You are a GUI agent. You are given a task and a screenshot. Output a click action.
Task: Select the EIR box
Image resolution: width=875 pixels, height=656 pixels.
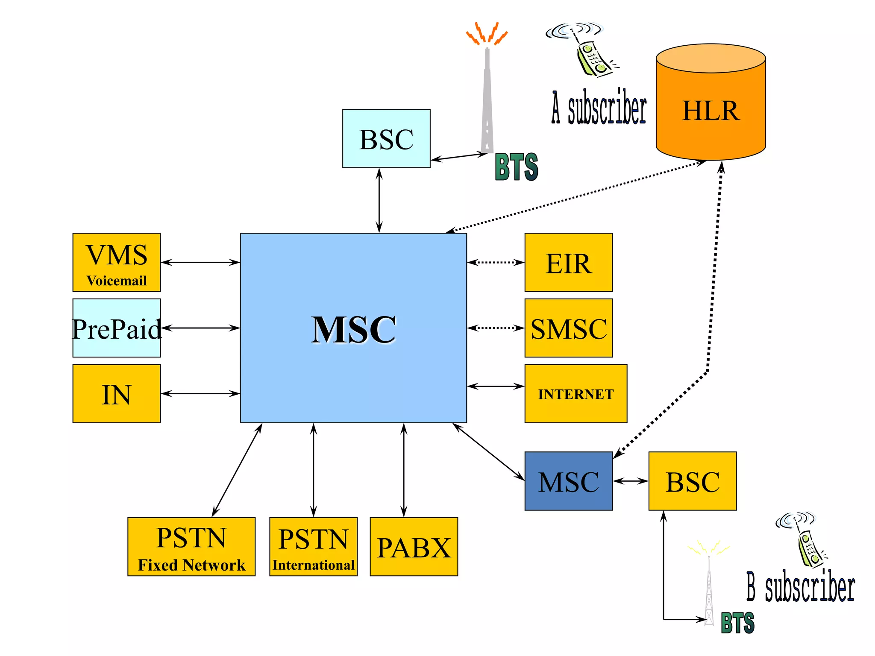click(x=568, y=263)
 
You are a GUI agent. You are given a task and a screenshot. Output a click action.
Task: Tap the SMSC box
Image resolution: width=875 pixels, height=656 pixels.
click(x=568, y=328)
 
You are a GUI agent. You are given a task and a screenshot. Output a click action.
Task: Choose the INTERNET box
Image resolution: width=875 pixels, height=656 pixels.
click(x=576, y=394)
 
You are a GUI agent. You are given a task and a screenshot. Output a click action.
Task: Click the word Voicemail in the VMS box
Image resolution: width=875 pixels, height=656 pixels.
click(x=117, y=281)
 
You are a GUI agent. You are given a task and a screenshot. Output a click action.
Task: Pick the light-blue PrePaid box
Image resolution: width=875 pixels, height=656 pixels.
click(x=117, y=328)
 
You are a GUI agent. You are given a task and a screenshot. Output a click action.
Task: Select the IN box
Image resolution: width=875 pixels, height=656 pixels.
click(x=117, y=394)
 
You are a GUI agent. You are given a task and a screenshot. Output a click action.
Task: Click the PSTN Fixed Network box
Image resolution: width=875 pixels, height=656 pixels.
click(x=191, y=547)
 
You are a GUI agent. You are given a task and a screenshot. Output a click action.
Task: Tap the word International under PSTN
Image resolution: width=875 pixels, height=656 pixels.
click(x=313, y=565)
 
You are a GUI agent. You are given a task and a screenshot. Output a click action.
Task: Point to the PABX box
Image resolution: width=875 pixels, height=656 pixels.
click(x=414, y=547)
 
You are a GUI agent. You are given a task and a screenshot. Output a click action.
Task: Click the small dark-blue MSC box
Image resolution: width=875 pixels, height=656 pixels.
click(x=568, y=481)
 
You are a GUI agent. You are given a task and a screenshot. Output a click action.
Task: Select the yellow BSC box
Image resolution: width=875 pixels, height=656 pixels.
click(x=692, y=481)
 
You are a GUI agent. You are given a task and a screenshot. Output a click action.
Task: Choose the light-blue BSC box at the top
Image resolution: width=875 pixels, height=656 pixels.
click(x=386, y=139)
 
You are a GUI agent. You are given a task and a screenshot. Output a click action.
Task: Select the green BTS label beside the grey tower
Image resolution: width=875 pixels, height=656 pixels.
click(x=516, y=167)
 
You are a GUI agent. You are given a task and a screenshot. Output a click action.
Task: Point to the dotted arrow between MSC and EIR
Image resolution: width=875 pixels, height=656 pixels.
click(x=496, y=262)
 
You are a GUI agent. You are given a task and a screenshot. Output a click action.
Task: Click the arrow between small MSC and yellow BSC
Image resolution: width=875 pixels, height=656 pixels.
click(x=630, y=481)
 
